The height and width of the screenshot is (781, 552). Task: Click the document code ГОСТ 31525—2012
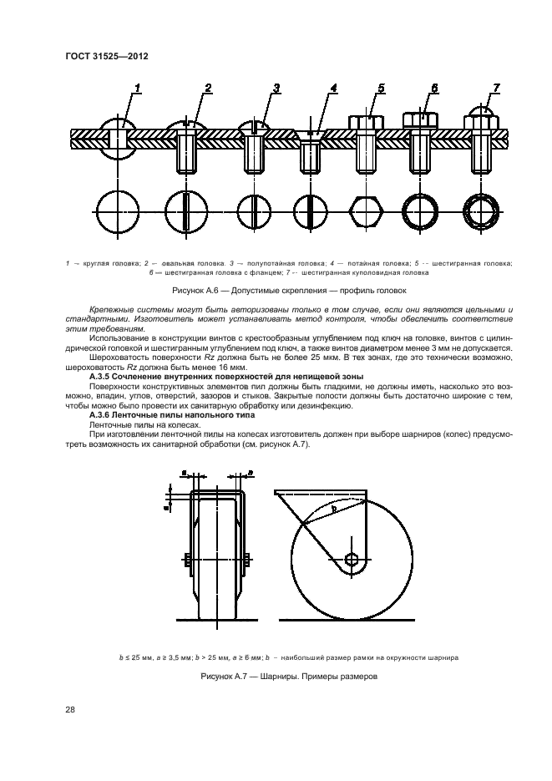click(x=101, y=56)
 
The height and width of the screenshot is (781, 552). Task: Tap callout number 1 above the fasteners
click(x=137, y=89)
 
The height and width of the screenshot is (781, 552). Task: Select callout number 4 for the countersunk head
click(x=333, y=89)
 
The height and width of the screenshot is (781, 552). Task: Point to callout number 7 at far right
click(x=496, y=89)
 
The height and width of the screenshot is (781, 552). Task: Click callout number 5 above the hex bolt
click(x=381, y=89)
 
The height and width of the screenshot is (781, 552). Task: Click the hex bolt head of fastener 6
click(x=423, y=120)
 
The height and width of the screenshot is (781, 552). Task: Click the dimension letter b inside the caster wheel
click(x=335, y=507)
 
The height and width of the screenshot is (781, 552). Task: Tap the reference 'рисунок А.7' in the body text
click(x=284, y=444)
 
